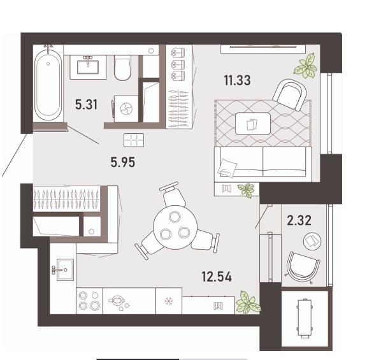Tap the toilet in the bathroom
pos(122,68)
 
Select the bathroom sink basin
pos(88,67)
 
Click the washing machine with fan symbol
pos(126,108)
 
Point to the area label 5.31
pos(87,104)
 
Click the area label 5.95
pos(123,162)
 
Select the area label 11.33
pos(237,80)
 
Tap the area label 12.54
pos(217,277)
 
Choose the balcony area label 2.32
pos(299,220)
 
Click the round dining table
pos(175,227)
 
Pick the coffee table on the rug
pos(253,124)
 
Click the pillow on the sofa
pos(227,168)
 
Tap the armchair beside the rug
pos(290,94)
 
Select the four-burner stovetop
pos(89,301)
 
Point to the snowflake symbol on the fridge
pos(168,301)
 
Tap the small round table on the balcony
pos(312,241)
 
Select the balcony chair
pos(303,268)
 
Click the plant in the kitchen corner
pos(248,302)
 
